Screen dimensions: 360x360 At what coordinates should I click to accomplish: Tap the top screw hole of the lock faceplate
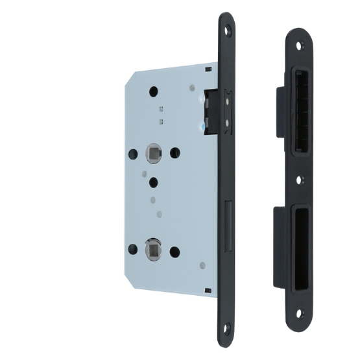click(227, 30)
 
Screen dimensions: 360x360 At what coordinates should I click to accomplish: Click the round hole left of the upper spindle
click(133, 154)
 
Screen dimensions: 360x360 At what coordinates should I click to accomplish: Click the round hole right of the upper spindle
click(174, 153)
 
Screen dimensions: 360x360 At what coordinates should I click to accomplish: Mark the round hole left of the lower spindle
click(133, 248)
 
